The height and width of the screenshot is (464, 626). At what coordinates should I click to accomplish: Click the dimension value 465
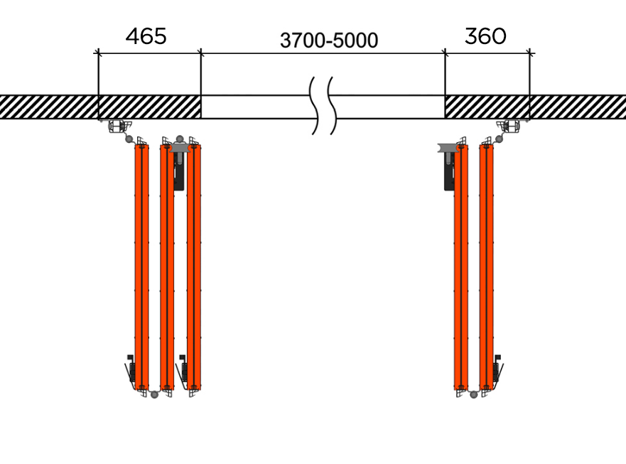click(146, 36)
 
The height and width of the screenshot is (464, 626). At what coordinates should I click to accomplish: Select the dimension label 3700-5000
click(329, 41)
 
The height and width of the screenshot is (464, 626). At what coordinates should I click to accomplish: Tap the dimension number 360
click(485, 36)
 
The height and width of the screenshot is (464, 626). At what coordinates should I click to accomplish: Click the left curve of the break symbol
click(315, 105)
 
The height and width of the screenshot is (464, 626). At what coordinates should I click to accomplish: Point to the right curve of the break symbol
click(332, 105)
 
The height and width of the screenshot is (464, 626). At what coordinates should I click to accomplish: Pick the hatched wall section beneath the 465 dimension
click(150, 107)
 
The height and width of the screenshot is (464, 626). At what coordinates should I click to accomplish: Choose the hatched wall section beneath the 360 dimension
click(487, 107)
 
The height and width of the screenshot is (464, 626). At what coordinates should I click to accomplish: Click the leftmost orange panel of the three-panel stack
click(141, 266)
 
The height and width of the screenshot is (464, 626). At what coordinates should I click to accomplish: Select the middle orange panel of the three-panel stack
click(167, 266)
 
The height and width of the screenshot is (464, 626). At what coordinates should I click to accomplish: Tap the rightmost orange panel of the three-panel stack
click(194, 266)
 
